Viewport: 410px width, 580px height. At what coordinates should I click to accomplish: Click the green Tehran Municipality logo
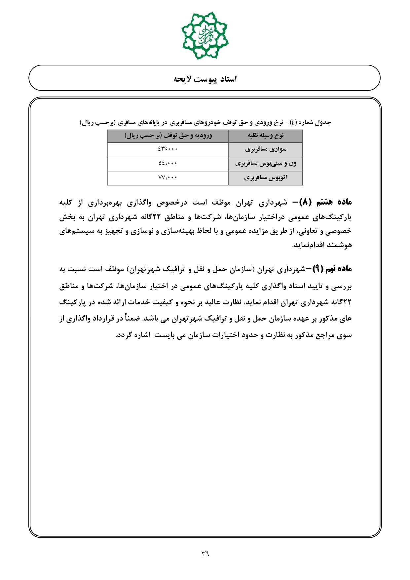(205, 36)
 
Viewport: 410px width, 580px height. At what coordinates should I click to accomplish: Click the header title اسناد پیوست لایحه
(205, 79)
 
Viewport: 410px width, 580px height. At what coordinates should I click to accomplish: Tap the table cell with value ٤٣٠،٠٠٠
(168, 149)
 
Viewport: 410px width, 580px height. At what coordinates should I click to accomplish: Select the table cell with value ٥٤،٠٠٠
(168, 164)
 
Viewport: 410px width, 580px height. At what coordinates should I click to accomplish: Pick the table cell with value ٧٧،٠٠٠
(168, 178)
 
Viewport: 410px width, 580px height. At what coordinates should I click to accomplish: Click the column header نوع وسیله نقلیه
(265, 136)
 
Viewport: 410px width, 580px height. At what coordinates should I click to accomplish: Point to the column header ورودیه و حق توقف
(168, 136)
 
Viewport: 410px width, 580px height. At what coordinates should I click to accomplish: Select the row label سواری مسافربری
(265, 149)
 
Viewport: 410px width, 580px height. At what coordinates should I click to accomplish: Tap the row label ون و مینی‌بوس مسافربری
(265, 164)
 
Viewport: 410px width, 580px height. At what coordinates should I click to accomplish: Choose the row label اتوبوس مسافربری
(265, 178)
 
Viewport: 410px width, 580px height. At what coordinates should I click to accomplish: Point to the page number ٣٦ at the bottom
(205, 553)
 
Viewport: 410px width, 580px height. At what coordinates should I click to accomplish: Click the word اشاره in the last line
(131, 335)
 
